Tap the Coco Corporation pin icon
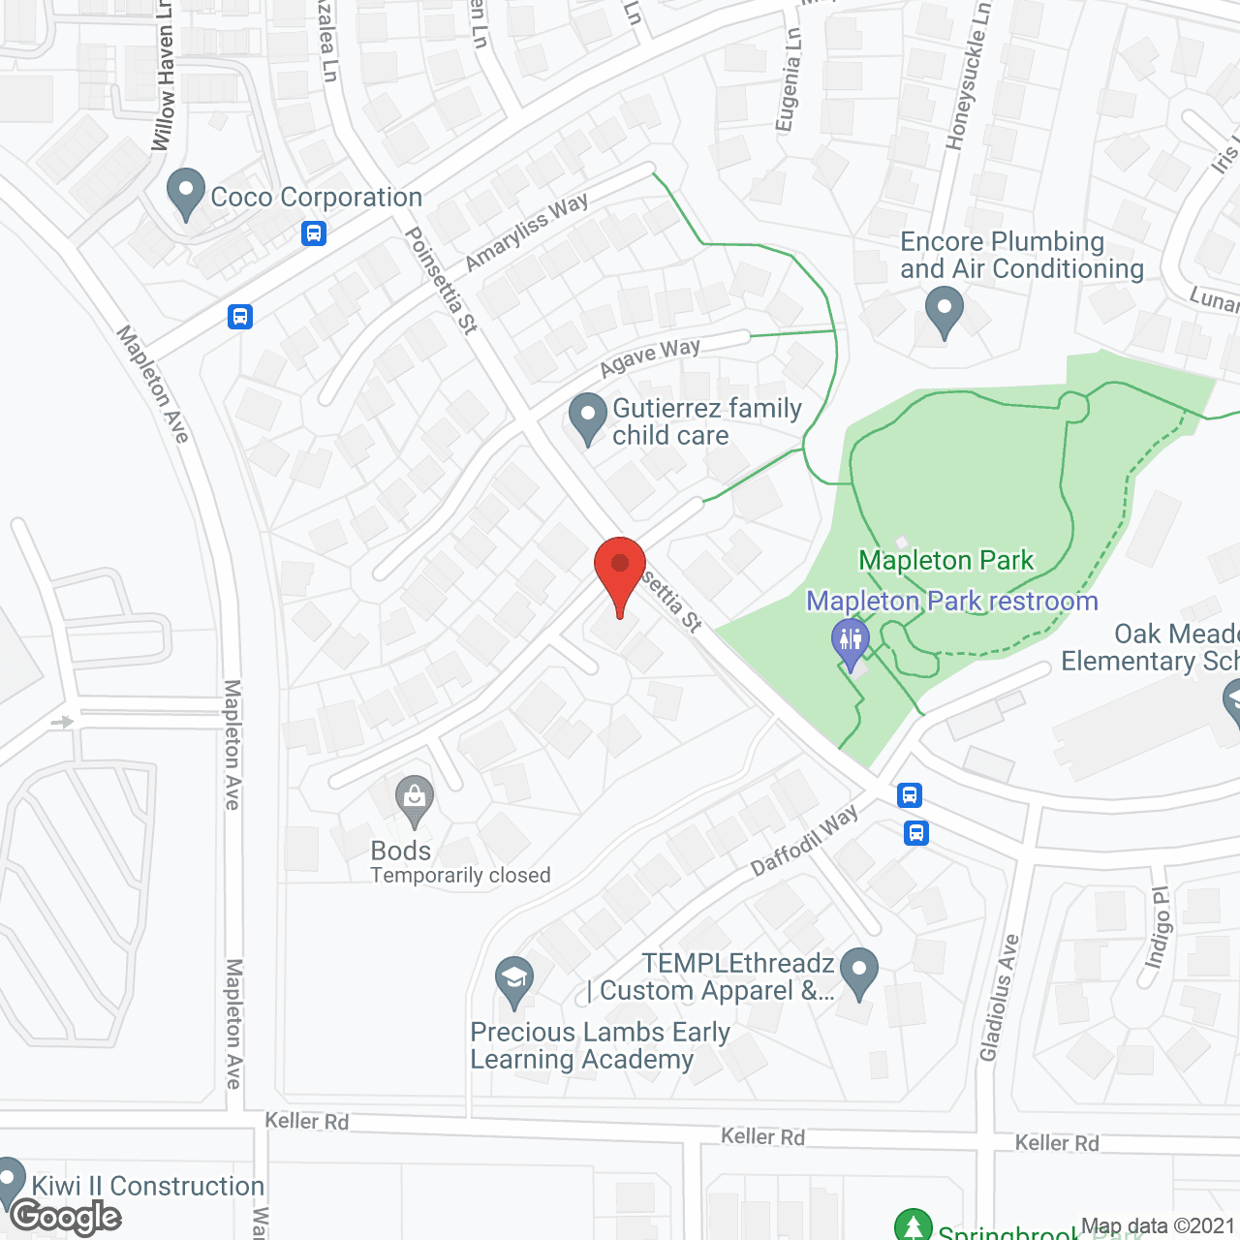(x=185, y=193)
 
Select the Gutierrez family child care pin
(x=587, y=418)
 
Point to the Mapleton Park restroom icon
(x=851, y=642)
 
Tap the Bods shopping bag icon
(x=415, y=801)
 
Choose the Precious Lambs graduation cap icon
(x=514, y=981)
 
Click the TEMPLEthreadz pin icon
(x=858, y=972)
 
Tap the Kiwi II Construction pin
(x=10, y=1182)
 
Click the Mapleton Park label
(x=946, y=560)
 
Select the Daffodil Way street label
(x=804, y=840)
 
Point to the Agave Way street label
(x=649, y=356)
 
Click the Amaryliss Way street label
(x=526, y=232)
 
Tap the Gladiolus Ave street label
(x=1000, y=997)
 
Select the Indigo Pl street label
(x=1158, y=927)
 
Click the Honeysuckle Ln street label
(x=968, y=77)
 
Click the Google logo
(x=66, y=1217)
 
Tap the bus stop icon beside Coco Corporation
(x=313, y=233)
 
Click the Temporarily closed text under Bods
(x=460, y=876)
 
